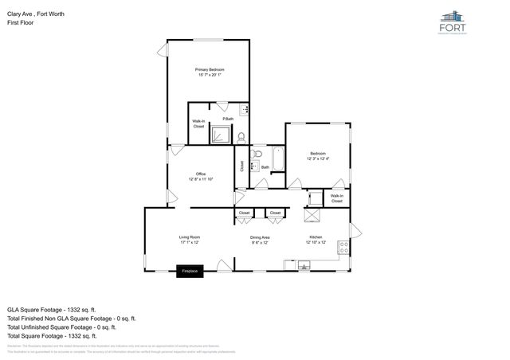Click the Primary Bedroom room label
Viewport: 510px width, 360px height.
(210, 72)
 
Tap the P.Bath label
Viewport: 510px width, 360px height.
(228, 119)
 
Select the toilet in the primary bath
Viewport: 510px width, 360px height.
(241, 135)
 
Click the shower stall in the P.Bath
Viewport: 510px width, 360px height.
(219, 135)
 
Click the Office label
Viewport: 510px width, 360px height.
(201, 176)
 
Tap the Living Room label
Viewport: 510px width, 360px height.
(189, 240)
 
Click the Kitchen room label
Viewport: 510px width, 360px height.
(316, 239)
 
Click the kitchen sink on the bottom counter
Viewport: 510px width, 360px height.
(304, 267)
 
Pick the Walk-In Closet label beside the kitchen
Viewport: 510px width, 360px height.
(337, 198)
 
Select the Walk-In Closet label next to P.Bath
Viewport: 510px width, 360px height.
(198, 124)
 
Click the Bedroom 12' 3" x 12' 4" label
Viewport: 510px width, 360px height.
(317, 155)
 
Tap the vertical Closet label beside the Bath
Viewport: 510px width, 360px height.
(241, 166)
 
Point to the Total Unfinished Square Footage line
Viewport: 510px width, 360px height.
(61, 327)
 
